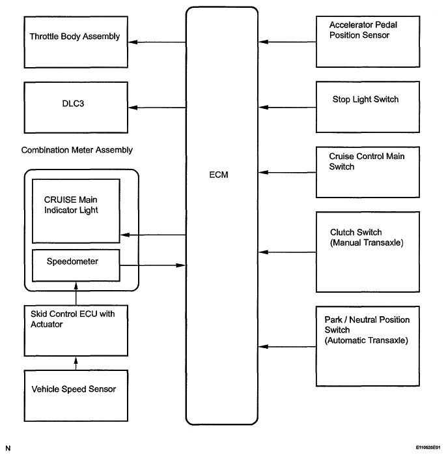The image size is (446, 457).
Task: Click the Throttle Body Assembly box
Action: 76,42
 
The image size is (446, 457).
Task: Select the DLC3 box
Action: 76,108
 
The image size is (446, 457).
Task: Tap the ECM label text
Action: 219,175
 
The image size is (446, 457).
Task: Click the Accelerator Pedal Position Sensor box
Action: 368,42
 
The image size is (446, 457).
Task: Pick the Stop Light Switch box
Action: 368,107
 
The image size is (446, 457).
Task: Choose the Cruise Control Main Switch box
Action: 368,172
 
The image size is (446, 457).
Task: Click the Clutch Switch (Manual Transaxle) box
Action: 368,252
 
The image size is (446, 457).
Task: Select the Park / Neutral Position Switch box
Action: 368,346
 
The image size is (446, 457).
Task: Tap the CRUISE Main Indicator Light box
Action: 76,211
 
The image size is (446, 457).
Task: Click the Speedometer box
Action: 76,265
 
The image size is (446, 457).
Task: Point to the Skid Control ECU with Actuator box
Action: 76,331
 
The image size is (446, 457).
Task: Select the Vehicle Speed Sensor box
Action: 76,396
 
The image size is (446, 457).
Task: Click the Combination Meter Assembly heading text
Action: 77,150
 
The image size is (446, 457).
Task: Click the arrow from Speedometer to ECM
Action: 153,265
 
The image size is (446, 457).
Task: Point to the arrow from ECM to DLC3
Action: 157,108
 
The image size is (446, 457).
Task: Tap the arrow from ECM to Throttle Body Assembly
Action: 157,42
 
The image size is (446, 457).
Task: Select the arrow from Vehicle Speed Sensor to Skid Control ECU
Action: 76,363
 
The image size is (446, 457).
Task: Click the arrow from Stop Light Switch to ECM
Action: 287,108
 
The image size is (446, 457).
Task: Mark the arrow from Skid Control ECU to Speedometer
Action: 76,293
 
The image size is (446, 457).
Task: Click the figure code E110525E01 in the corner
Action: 428,447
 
